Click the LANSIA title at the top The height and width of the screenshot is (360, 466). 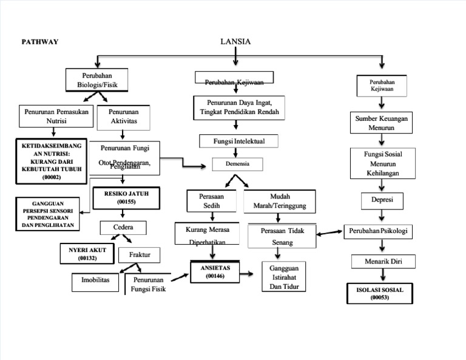pyautogui.click(x=235, y=41)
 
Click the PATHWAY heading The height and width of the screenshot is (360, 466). pyautogui.click(x=40, y=42)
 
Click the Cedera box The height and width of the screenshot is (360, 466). pyautogui.click(x=124, y=228)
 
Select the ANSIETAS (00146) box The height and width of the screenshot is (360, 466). pyautogui.click(x=215, y=271)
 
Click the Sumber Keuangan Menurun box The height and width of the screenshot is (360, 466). pyautogui.click(x=382, y=123)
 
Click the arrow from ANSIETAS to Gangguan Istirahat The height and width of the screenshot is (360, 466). pyautogui.click(x=247, y=274)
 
